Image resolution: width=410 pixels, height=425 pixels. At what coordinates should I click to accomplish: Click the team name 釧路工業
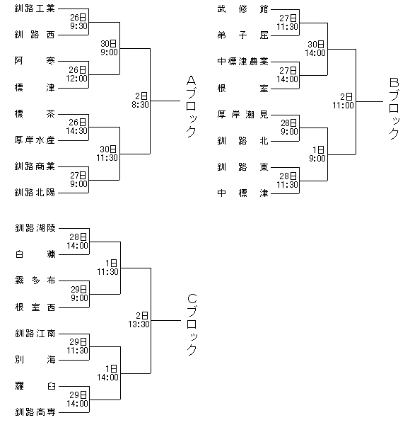(x=35, y=8)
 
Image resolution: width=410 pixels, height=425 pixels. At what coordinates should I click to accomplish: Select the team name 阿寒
(x=35, y=61)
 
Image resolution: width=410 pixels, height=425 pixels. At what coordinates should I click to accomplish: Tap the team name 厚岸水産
(x=35, y=140)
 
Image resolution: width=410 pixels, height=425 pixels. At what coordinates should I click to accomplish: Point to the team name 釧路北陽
(x=35, y=193)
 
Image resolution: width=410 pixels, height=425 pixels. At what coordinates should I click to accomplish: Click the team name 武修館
(x=242, y=9)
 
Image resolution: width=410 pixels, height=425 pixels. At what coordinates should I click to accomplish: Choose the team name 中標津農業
(x=242, y=62)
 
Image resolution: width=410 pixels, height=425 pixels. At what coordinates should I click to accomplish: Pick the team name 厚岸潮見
(x=242, y=114)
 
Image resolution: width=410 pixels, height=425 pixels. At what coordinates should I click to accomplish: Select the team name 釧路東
(x=242, y=167)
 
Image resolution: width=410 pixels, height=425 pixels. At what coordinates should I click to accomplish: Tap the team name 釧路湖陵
(x=35, y=228)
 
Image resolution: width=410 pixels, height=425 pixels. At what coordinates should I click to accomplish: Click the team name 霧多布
(x=35, y=280)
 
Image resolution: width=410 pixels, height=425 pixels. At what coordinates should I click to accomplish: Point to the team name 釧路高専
(x=35, y=412)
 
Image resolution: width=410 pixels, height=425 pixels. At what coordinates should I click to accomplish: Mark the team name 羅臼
(x=35, y=386)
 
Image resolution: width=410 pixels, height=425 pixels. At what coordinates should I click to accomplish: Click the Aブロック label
(x=191, y=106)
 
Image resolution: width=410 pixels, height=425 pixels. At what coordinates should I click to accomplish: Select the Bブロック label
(x=394, y=108)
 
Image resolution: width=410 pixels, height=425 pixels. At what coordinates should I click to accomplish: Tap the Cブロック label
(x=192, y=324)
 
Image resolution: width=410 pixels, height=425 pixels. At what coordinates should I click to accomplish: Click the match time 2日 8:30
(x=141, y=101)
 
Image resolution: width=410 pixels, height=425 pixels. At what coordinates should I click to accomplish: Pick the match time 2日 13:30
(x=139, y=320)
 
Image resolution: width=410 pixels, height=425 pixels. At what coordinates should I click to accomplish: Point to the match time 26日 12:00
(x=77, y=74)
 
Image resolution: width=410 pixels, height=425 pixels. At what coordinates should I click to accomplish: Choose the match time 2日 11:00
(x=344, y=101)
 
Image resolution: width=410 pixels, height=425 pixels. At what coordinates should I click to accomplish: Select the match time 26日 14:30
(x=77, y=126)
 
